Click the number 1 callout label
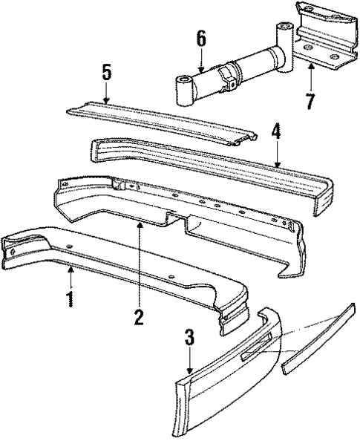pyautogui.click(x=70, y=301)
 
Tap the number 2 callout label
pyautogui.click(x=139, y=317)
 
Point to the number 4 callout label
pyautogui.click(x=275, y=134)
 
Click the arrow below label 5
pyautogui.click(x=107, y=92)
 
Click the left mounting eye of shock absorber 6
pyautogui.click(x=184, y=90)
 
